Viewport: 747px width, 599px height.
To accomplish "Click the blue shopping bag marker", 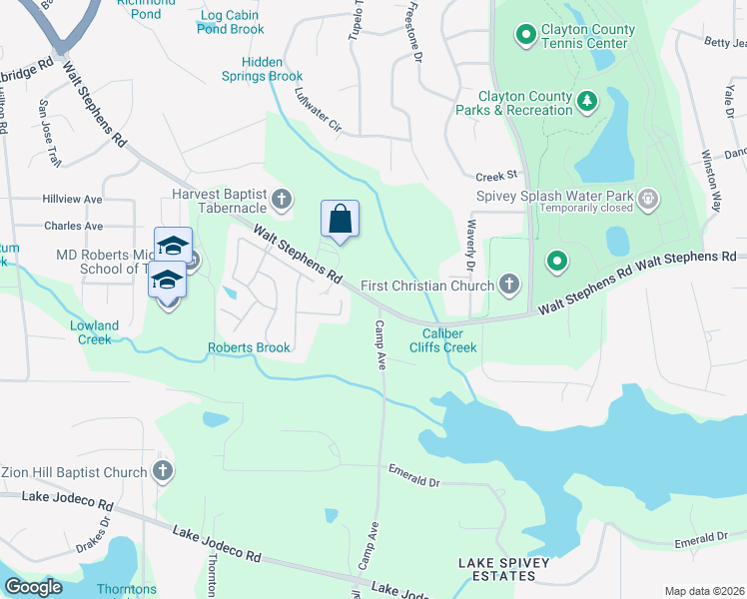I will [x=340, y=219].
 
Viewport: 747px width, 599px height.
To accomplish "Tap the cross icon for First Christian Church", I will [x=509, y=286].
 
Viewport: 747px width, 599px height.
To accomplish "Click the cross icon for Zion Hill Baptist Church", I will [x=163, y=470].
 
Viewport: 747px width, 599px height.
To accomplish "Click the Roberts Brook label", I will [x=249, y=347].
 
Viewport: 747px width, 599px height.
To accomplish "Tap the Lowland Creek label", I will [x=95, y=332].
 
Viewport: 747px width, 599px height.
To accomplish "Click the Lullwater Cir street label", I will [x=318, y=111].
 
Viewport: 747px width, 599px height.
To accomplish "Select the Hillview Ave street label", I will [x=73, y=200].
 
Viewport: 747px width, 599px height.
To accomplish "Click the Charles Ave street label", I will [x=73, y=227].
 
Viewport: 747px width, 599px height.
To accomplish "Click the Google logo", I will [x=33, y=587].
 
